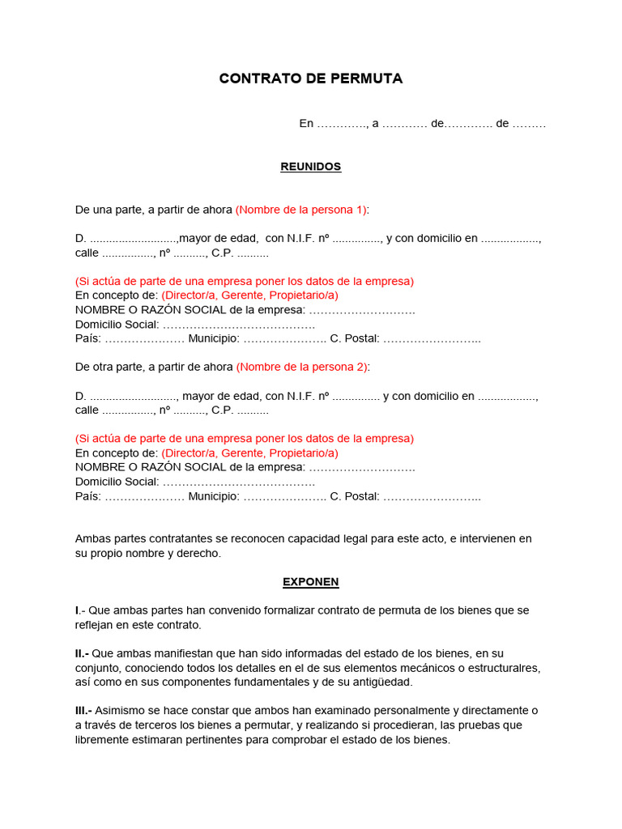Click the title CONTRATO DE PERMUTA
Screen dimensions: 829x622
(311, 79)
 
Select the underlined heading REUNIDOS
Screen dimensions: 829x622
(311, 167)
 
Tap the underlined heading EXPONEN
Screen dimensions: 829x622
(311, 581)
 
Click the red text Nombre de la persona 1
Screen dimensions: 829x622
(301, 210)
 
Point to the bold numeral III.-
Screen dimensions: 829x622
(83, 711)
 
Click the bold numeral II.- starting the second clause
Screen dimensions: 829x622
(82, 653)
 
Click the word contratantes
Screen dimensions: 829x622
(179, 538)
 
